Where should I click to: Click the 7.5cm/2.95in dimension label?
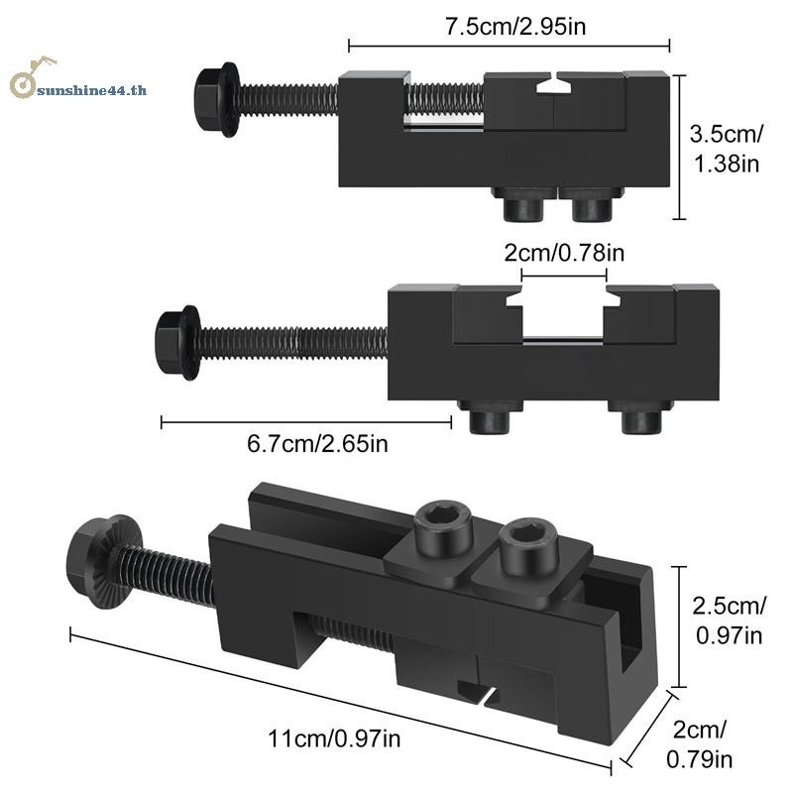click(x=515, y=27)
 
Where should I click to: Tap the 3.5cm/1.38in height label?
click(x=727, y=149)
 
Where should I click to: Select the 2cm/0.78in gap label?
click(x=564, y=253)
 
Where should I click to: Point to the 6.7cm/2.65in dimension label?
click(x=317, y=444)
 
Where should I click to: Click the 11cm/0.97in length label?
click(x=334, y=738)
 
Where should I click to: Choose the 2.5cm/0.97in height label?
click(x=729, y=621)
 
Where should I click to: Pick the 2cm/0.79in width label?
click(x=700, y=745)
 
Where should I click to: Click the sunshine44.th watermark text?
click(x=92, y=90)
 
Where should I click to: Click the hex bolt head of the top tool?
click(x=215, y=101)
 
